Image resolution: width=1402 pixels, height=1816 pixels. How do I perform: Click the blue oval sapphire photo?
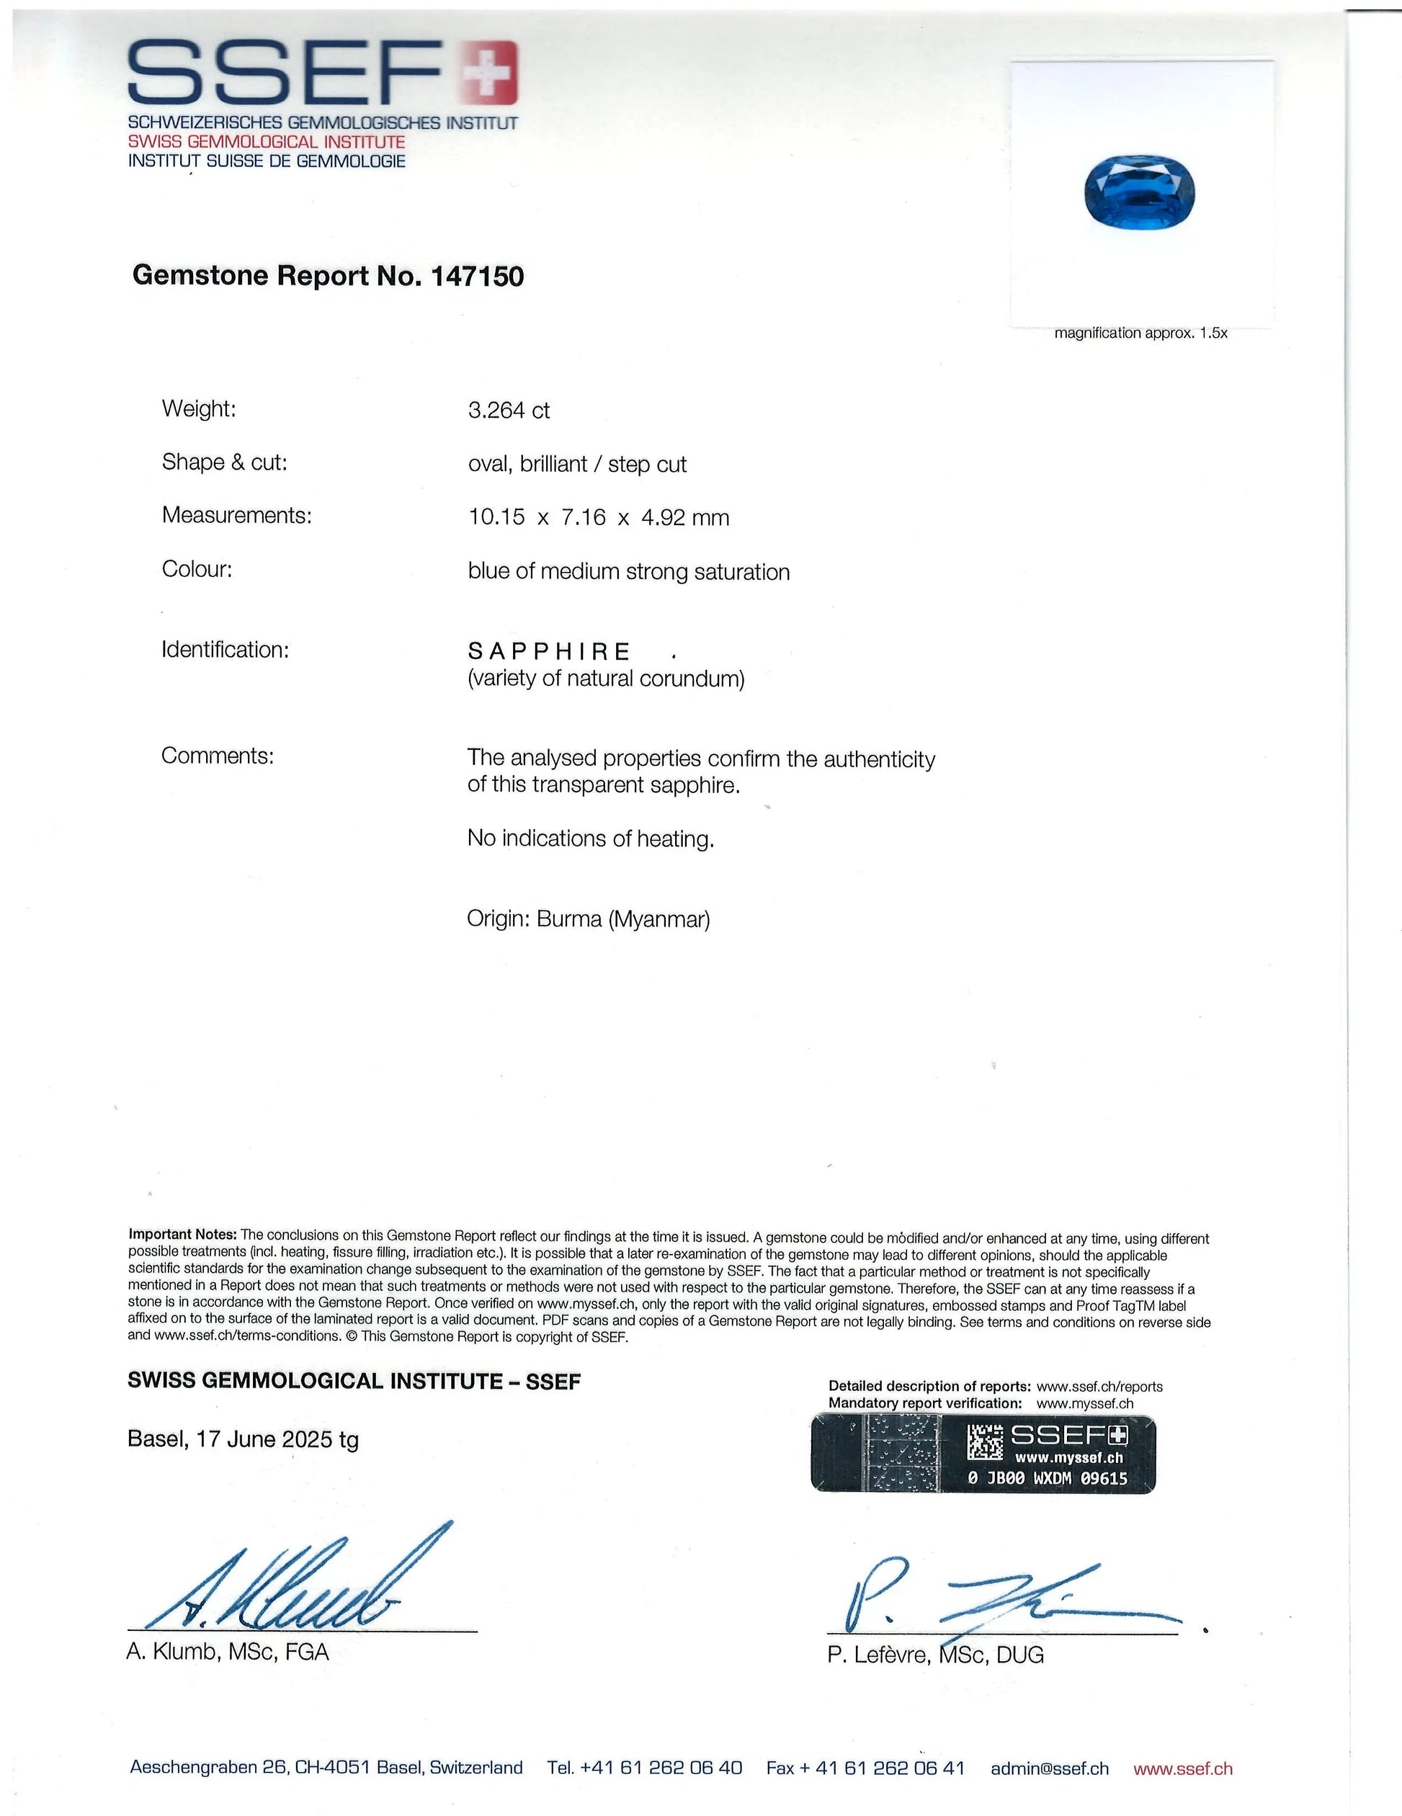(1139, 192)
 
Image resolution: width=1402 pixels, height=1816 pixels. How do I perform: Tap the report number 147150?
(478, 276)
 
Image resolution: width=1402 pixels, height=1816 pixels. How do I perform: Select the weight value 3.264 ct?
(508, 411)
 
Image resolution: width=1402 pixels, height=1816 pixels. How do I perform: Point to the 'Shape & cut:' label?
(225, 462)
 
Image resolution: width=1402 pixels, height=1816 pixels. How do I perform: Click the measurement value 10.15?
(496, 517)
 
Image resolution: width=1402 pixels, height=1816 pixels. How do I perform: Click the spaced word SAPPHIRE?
(549, 651)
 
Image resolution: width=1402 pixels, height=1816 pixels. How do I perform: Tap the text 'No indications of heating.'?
(590, 839)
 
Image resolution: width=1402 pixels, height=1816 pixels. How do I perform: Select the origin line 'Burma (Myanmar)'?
(623, 919)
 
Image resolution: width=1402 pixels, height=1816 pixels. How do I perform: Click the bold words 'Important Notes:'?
(183, 1235)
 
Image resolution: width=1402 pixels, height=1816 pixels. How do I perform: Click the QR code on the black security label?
(986, 1443)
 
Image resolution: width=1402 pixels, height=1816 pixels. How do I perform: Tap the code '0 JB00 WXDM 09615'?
(1048, 1477)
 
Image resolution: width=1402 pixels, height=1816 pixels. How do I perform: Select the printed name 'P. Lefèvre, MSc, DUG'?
(935, 1655)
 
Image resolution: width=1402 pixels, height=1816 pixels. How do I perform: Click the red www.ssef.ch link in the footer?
(1182, 1768)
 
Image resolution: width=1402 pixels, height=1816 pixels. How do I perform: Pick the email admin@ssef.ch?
(1050, 1768)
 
